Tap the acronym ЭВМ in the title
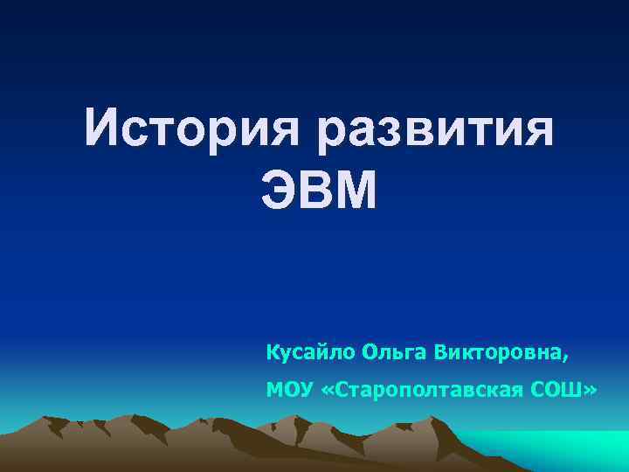pyautogui.click(x=319, y=191)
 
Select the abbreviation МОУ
pyautogui.click(x=290, y=388)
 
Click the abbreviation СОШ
pyautogui.click(x=560, y=388)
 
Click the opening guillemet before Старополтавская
pyautogui.click(x=328, y=389)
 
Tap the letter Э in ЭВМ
pyautogui.click(x=279, y=191)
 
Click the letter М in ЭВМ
pyautogui.click(x=358, y=191)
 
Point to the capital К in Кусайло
pyautogui.click(x=273, y=352)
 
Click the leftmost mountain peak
pyautogui.click(x=54, y=420)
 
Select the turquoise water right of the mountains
pyautogui.click(x=559, y=450)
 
